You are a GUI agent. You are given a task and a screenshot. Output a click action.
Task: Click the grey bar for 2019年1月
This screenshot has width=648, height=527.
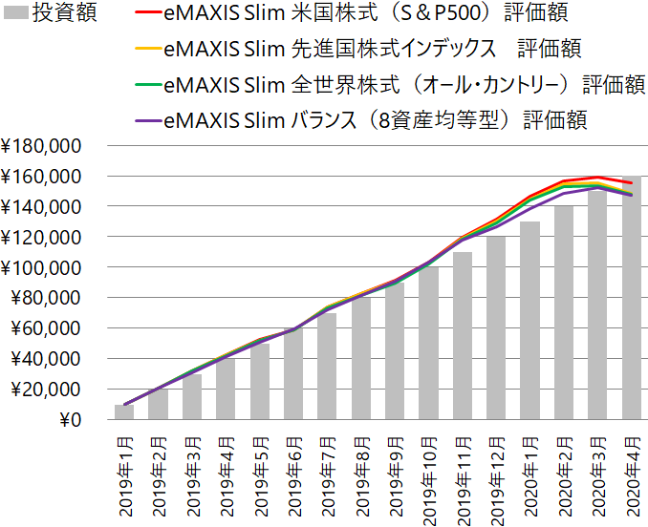pyautogui.click(x=124, y=412)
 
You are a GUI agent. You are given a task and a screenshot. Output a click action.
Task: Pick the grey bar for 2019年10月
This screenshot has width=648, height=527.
pyautogui.click(x=429, y=344)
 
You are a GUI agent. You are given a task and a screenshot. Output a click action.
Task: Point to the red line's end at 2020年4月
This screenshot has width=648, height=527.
pyautogui.click(x=631, y=182)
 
